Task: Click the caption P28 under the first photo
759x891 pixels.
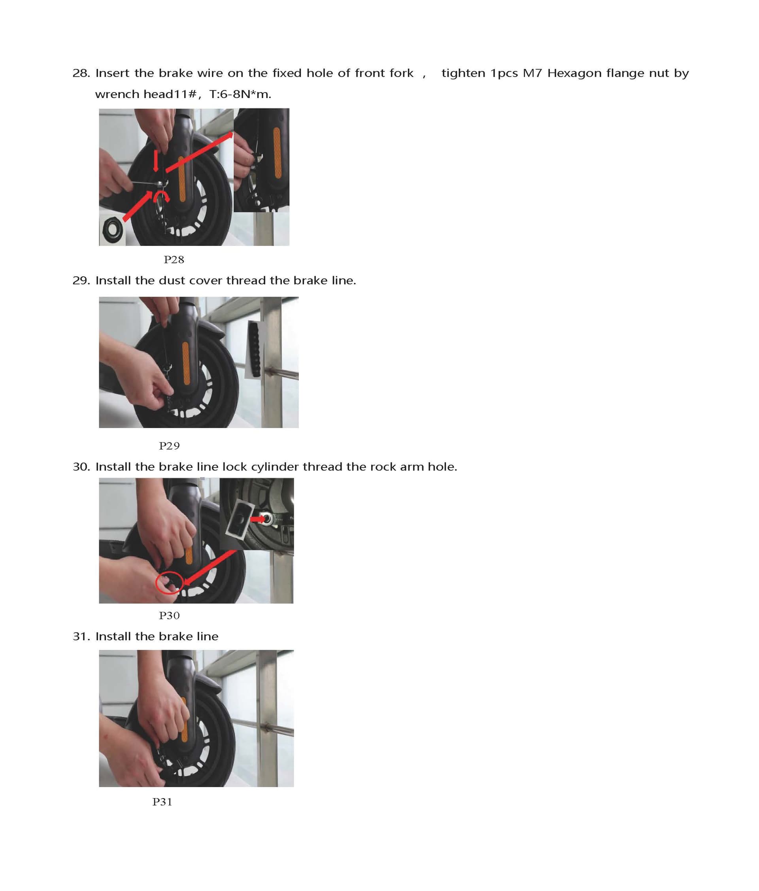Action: tap(174, 260)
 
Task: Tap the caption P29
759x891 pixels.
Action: tap(169, 446)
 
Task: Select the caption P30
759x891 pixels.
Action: tap(169, 616)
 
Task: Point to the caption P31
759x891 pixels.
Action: tap(162, 802)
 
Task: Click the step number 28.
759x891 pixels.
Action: tap(81, 73)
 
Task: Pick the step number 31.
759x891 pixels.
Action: tap(81, 636)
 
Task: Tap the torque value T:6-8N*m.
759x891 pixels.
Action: tap(240, 94)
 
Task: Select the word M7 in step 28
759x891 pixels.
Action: tap(532, 73)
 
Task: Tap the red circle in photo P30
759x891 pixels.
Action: tap(170, 583)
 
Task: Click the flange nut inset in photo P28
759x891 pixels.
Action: tap(112, 231)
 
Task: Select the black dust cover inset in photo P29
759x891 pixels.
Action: tap(255, 349)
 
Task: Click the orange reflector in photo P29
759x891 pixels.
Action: tap(186, 363)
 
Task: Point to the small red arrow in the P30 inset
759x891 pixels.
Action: tap(258, 519)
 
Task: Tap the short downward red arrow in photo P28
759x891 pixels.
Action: tap(156, 161)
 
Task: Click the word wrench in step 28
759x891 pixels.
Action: tap(117, 94)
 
